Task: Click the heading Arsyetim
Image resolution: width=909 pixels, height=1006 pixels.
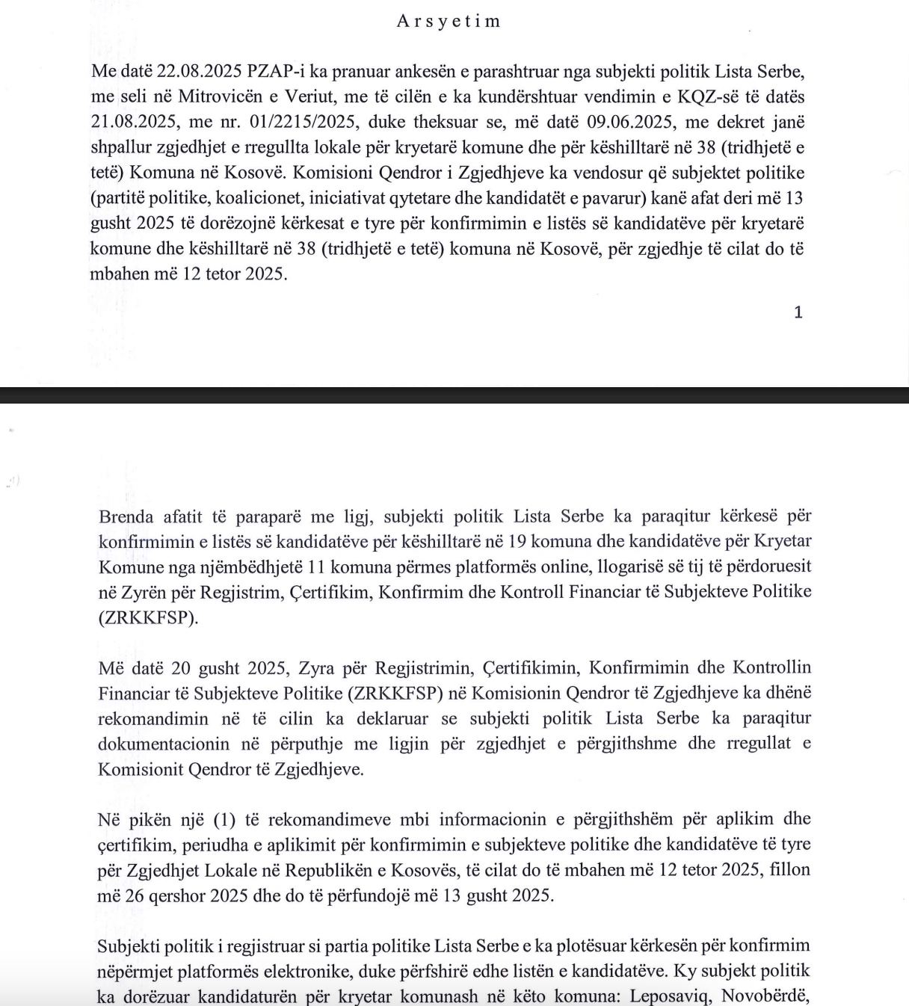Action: pyautogui.click(x=449, y=21)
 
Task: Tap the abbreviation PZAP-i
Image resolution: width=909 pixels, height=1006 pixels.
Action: pyautogui.click(x=274, y=72)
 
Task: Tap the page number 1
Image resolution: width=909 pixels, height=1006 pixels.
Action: pyautogui.click(x=798, y=312)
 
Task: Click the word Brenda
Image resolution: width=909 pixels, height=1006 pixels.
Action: pyautogui.click(x=126, y=516)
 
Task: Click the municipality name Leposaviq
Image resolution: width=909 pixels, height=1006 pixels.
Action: pyautogui.click(x=676, y=996)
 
